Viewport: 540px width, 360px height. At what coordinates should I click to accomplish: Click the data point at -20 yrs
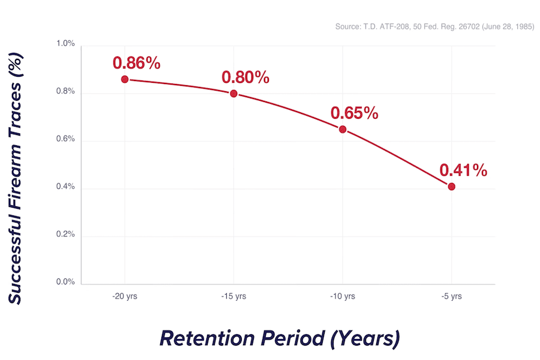pyautogui.click(x=125, y=79)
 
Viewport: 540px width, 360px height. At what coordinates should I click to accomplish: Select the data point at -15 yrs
pyautogui.click(x=234, y=94)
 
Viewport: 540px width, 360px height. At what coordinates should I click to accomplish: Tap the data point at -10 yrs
pyautogui.click(x=343, y=129)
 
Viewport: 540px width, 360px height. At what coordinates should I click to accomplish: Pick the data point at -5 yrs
pyautogui.click(x=451, y=187)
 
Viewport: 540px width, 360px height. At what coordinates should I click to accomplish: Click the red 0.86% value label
pyautogui.click(x=136, y=63)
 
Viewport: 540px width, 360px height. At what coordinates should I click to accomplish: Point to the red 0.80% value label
pyautogui.click(x=245, y=77)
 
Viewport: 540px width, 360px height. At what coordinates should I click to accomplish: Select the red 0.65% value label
pyautogui.click(x=354, y=113)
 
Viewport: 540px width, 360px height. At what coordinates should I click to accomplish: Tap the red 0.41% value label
pyautogui.click(x=463, y=170)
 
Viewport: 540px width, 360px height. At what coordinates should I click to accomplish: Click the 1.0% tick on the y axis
pyautogui.click(x=65, y=44)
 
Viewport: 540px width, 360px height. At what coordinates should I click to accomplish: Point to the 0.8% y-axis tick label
pyautogui.click(x=65, y=91)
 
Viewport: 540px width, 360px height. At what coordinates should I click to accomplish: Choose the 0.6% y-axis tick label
pyautogui.click(x=65, y=139)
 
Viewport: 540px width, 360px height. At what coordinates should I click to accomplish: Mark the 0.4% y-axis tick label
pyautogui.click(x=65, y=187)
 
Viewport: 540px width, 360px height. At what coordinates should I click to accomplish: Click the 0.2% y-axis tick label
pyautogui.click(x=65, y=235)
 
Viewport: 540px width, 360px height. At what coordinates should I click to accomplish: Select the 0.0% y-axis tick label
pyautogui.click(x=65, y=282)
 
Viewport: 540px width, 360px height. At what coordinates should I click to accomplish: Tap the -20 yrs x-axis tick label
pyautogui.click(x=125, y=296)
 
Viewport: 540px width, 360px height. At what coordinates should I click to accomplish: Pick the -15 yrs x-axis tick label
pyautogui.click(x=234, y=296)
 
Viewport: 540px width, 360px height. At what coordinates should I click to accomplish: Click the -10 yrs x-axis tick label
pyautogui.click(x=343, y=296)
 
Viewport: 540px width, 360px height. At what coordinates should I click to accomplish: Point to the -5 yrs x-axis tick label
pyautogui.click(x=451, y=296)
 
